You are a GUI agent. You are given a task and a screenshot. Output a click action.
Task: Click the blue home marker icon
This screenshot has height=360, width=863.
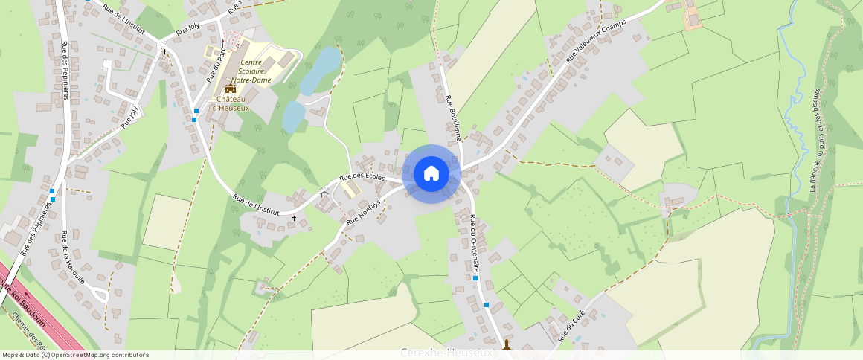pyautogui.click(x=431, y=174)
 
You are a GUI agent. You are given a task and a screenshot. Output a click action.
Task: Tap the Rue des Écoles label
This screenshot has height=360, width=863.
pyautogui.click(x=362, y=178)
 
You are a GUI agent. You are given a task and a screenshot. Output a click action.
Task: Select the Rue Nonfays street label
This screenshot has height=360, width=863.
pyautogui.click(x=363, y=211)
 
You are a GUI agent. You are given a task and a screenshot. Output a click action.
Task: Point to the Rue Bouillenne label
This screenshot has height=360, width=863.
pyautogui.click(x=454, y=118)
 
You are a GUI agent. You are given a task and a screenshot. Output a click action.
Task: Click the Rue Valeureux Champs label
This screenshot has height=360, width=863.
pyautogui.click(x=596, y=39)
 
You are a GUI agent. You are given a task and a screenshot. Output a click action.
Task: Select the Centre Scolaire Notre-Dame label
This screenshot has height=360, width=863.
pyautogui.click(x=250, y=71)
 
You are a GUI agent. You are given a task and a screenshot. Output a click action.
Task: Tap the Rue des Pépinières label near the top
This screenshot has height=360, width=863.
pyautogui.click(x=65, y=70)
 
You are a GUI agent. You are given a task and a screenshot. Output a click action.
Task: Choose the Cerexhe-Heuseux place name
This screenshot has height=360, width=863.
pyautogui.click(x=446, y=352)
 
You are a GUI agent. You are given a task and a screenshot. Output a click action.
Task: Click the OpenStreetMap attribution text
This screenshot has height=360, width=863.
pyautogui.click(x=76, y=355)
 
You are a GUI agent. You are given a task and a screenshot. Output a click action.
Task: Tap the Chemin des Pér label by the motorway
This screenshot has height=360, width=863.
pyautogui.click(x=30, y=331)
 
